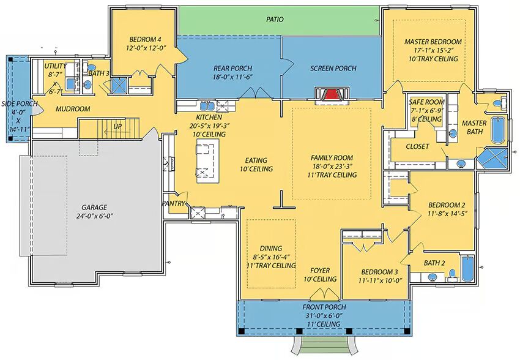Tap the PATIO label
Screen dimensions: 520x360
275,20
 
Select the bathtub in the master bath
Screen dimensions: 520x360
497,130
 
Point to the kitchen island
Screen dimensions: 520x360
208,160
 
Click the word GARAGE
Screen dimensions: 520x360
94,208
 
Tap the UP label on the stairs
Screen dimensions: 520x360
117,126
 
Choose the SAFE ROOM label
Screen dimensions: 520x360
426,102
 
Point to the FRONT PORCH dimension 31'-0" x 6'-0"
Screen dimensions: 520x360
324,315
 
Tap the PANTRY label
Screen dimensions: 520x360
173,203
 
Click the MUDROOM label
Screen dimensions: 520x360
73,109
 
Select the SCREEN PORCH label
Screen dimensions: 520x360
333,69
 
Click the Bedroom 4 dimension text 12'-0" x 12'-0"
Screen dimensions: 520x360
146,48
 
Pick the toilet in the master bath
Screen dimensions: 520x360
500,102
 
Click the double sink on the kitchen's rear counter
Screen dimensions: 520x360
208,106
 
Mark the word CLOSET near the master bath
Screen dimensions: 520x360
417,146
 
